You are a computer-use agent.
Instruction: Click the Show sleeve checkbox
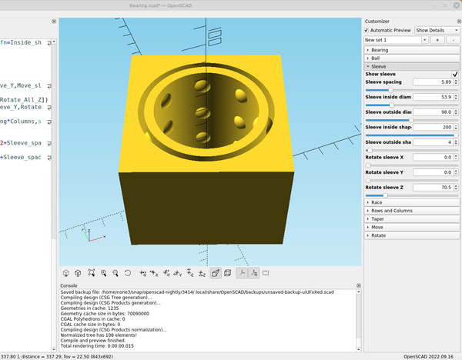pyautogui.click(x=455, y=74)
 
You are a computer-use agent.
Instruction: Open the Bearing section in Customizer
pyautogui.click(x=380, y=50)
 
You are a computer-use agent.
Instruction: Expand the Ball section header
pyautogui.click(x=375, y=58)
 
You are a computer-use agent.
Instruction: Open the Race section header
pyautogui.click(x=377, y=202)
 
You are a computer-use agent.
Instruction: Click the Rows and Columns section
pyautogui.click(x=391, y=210)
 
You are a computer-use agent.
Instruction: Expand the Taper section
pyautogui.click(x=377, y=218)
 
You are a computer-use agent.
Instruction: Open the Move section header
pyautogui.click(x=377, y=227)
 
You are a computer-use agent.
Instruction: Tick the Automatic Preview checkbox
pyautogui.click(x=367, y=30)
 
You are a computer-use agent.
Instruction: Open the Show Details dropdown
pyautogui.click(x=436, y=30)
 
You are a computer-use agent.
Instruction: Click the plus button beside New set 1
pyautogui.click(x=437, y=39)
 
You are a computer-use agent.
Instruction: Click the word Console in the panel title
pyautogui.click(x=69, y=285)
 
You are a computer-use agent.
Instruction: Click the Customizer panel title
pyautogui.click(x=377, y=21)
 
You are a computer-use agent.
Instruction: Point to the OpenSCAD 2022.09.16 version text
pyautogui.click(x=430, y=356)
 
